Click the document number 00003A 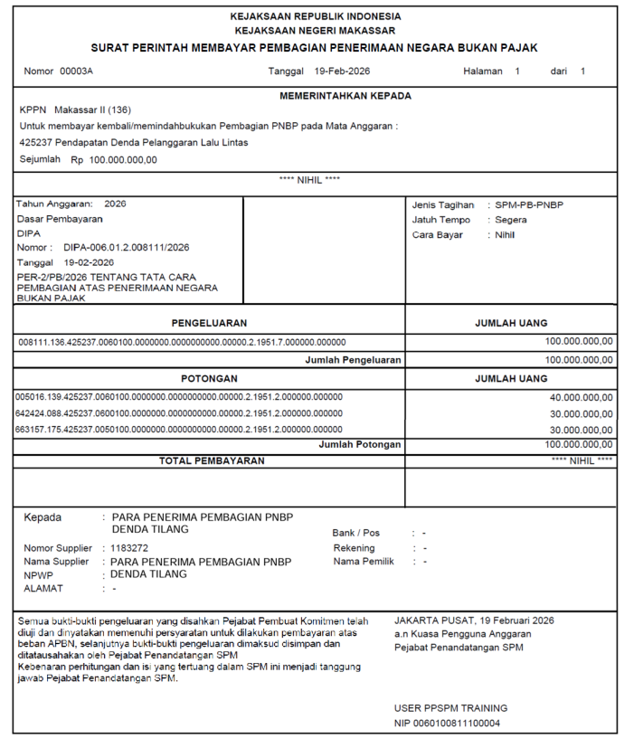tap(76, 71)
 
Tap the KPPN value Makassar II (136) tap(92, 109)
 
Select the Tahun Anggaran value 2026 tap(116, 204)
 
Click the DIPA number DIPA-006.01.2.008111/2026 tap(127, 247)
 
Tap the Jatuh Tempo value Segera tap(511, 220)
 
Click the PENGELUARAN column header tap(209, 323)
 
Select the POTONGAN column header tap(209, 378)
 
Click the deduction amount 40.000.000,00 tap(581, 397)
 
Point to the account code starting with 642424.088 tap(179, 412)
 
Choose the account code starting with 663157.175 tap(179, 429)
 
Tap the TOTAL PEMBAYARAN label tap(212, 461)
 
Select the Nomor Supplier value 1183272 tap(131, 548)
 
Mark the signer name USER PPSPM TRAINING tap(451, 708)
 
